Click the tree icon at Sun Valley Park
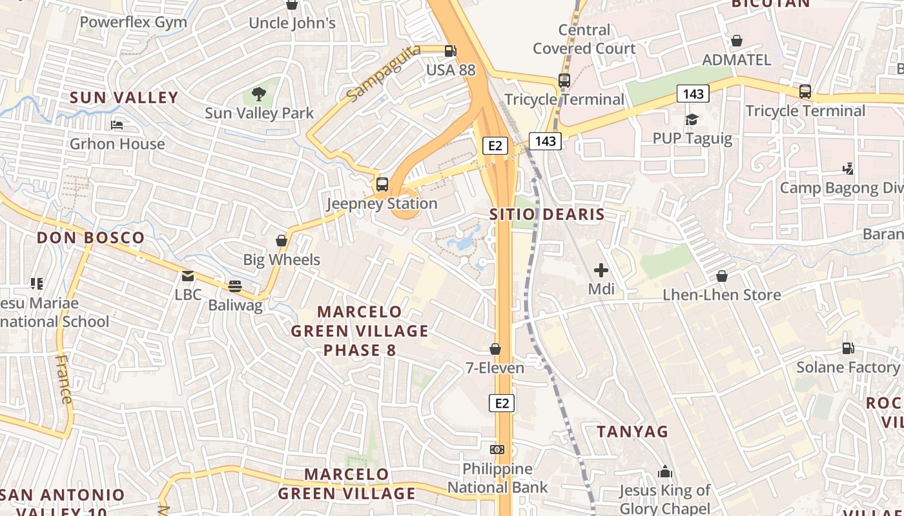click(259, 94)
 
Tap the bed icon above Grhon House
click(117, 124)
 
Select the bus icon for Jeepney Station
click(382, 184)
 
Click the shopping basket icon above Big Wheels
click(282, 241)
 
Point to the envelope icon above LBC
click(188, 276)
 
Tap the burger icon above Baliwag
click(235, 286)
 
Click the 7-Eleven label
click(495, 368)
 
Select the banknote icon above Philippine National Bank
click(497, 449)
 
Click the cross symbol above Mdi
click(601, 270)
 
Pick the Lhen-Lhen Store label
click(722, 295)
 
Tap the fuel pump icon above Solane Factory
click(848, 348)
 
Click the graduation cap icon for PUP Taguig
click(692, 119)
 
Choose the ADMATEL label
click(736, 60)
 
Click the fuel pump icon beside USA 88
click(451, 50)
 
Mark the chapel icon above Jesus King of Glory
click(665, 472)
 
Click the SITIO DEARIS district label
click(547, 215)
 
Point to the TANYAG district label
click(632, 432)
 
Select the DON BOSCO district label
click(90, 237)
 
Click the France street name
click(65, 379)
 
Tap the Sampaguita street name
click(383, 74)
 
